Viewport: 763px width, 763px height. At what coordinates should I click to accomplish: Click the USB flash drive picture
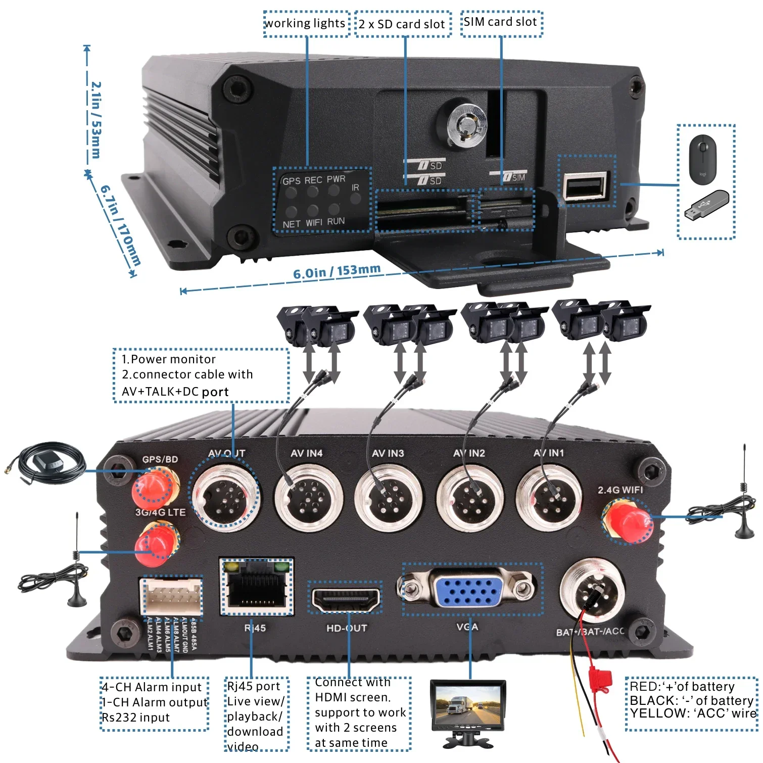pos(706,205)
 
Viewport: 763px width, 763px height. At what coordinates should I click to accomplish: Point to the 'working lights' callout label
pos(306,24)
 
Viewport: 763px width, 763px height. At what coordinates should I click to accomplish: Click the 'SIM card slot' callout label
pos(501,23)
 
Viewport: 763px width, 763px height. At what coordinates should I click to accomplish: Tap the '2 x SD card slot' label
pos(402,24)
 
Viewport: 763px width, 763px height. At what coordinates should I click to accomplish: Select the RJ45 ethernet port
pos(256,588)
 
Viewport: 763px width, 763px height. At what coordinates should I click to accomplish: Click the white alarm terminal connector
pos(172,597)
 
